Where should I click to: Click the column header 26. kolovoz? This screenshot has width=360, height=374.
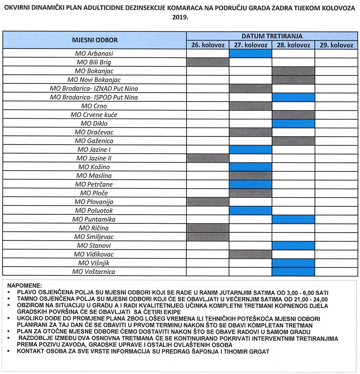tap(208, 45)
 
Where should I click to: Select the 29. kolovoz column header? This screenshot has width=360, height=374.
tap(336, 45)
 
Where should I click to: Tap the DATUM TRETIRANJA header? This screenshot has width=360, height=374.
tap(272, 36)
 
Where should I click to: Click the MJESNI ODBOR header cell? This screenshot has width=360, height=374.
tap(95, 40)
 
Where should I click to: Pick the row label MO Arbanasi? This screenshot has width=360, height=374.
tap(94, 54)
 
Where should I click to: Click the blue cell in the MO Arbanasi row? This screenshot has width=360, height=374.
tap(251, 54)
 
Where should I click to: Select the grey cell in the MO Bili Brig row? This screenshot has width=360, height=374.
tap(208, 62)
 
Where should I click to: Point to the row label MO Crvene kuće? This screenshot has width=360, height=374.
tap(94, 115)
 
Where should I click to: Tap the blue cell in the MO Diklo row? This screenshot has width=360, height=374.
tap(293, 123)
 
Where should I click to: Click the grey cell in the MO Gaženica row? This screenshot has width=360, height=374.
tap(293, 141)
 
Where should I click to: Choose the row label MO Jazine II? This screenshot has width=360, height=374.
tap(94, 158)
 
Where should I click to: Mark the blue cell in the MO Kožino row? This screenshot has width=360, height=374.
tap(251, 167)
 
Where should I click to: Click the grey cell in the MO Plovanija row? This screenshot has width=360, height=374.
tap(208, 202)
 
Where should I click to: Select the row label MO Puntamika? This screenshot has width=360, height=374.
tap(94, 219)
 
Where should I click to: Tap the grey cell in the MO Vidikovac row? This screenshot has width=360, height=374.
tap(251, 254)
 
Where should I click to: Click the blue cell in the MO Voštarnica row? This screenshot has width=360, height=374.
tap(293, 272)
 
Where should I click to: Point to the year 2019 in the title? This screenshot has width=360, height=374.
tap(180, 17)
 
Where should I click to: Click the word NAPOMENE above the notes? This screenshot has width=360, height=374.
tap(25, 286)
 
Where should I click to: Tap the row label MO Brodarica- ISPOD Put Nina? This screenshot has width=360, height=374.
tap(94, 97)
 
